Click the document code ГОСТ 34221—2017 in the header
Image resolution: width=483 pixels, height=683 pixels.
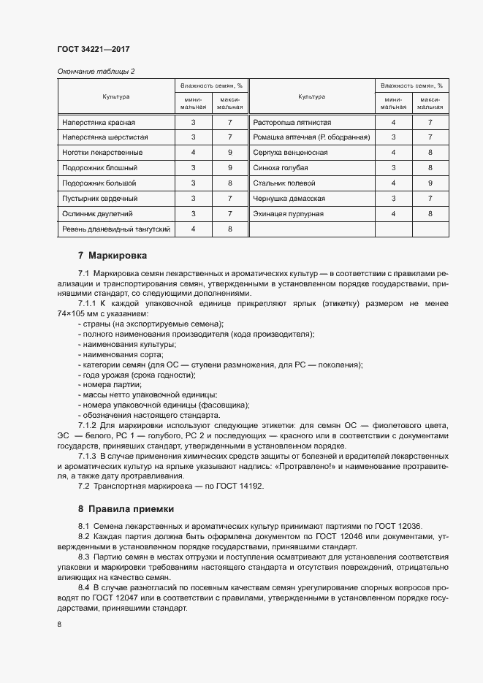[x=94, y=50]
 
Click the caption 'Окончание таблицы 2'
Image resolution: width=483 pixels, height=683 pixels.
[x=95, y=71]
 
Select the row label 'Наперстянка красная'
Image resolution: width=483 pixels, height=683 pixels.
[x=98, y=122]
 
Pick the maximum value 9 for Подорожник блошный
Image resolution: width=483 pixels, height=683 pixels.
[x=229, y=168]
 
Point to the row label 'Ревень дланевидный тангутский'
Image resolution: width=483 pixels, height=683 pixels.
[x=116, y=229]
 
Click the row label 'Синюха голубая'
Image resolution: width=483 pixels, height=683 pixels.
[x=280, y=168]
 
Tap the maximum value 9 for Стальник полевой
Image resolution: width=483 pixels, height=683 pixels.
[x=430, y=183]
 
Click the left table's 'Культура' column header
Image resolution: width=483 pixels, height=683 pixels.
[x=115, y=96]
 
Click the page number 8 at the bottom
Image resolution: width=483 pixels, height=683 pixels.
[x=59, y=624]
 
